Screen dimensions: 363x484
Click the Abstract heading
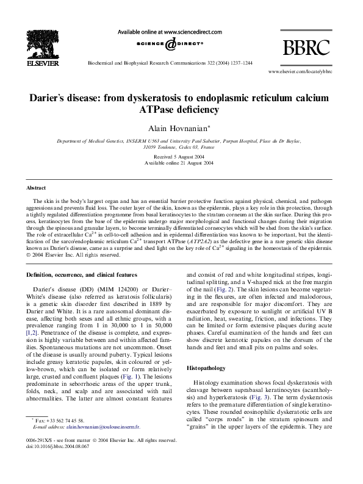(38, 189)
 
